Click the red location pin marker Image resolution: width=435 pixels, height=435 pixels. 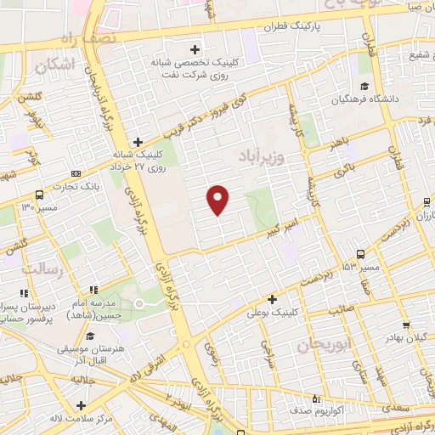(x=218, y=200)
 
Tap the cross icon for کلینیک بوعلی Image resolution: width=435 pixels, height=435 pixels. (x=271, y=299)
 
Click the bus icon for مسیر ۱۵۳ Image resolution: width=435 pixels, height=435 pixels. (x=360, y=254)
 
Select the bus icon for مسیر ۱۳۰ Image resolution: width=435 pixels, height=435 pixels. (x=39, y=195)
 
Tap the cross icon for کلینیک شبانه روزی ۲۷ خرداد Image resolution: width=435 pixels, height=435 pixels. (x=138, y=143)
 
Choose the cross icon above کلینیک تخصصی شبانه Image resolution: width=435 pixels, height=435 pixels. (x=195, y=48)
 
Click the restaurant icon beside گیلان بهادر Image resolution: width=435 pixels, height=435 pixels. (x=409, y=325)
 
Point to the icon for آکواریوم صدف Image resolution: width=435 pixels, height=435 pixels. (x=316, y=398)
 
